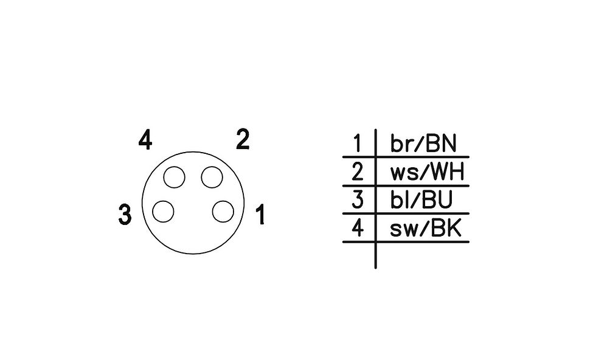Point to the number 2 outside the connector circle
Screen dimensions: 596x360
pos(243,139)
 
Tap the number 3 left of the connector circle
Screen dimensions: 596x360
pos(125,215)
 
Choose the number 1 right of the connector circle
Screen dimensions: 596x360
pos(260,215)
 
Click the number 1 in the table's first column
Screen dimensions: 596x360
pos(357,144)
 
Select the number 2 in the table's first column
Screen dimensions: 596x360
pos(358,171)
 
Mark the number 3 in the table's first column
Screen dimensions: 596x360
pos(358,199)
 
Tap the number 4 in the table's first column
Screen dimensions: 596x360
pos(358,227)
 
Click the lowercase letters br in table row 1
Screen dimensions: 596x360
pos(401,144)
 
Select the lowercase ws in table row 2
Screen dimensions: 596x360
pos(403,173)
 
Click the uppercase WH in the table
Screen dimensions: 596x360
pos(447,172)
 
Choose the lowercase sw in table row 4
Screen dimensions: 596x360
pos(404,229)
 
